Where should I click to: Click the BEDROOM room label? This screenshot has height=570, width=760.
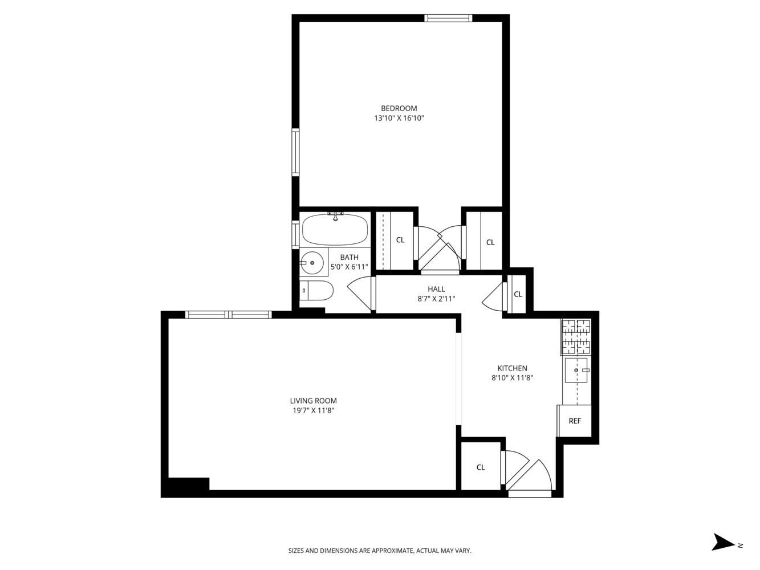(x=399, y=108)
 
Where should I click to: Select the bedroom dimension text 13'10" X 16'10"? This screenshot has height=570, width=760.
(x=399, y=119)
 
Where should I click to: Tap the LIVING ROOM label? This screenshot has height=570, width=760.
(x=313, y=401)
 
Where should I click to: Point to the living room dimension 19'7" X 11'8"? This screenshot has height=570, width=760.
(x=313, y=410)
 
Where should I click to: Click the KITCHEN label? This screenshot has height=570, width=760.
(x=512, y=368)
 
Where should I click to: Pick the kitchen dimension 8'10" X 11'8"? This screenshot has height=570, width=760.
(x=512, y=377)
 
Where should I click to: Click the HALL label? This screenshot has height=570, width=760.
(x=436, y=289)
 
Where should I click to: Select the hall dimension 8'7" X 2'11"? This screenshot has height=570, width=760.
(x=436, y=299)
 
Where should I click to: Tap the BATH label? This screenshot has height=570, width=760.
(x=349, y=257)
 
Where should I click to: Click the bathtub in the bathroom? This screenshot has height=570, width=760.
(x=335, y=229)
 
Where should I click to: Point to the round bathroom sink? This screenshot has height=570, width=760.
(x=311, y=263)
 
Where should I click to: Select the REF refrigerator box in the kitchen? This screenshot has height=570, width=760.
(x=575, y=421)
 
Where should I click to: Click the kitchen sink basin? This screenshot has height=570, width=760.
(x=576, y=370)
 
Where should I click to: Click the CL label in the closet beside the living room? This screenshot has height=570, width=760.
(x=481, y=467)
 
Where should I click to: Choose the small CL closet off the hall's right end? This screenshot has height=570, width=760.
(x=518, y=295)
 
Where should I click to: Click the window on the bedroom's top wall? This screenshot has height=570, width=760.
(x=448, y=18)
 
